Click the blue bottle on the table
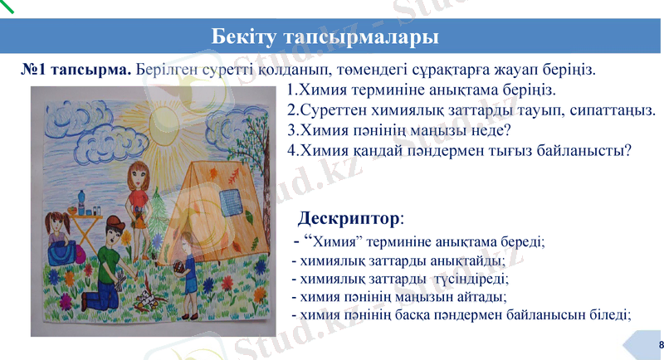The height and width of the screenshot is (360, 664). click(x=81, y=202)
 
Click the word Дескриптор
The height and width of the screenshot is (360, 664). click(x=349, y=219)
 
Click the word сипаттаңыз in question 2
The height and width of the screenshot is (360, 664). click(x=613, y=109)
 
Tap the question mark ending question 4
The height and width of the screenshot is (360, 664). click(x=628, y=151)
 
